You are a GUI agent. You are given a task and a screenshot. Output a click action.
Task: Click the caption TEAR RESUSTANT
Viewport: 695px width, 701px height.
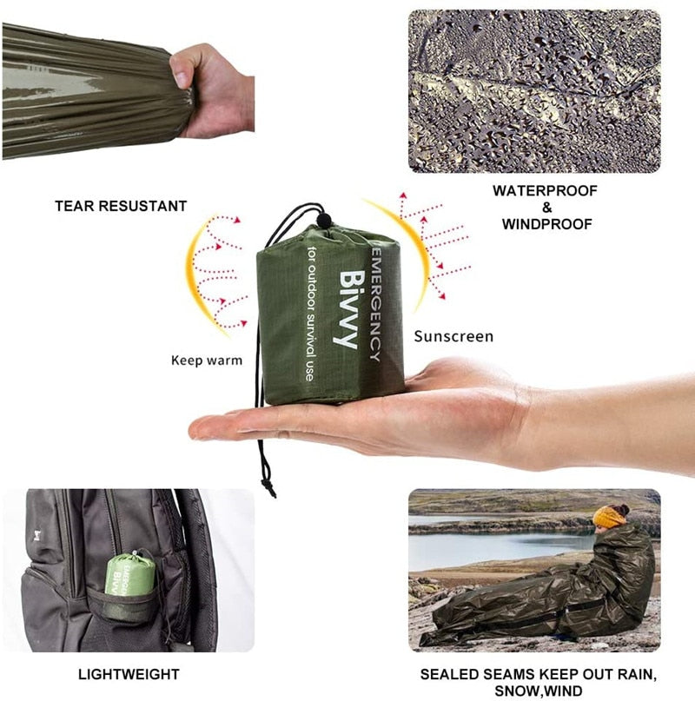click(x=121, y=206)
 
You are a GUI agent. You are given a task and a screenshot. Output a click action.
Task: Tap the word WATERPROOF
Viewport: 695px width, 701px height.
click(x=546, y=190)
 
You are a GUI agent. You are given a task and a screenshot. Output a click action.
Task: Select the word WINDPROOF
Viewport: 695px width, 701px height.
click(x=546, y=224)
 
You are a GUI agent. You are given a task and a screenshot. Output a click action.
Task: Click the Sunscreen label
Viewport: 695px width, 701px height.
click(x=453, y=336)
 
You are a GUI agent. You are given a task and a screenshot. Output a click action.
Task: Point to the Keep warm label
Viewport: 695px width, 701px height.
click(x=207, y=360)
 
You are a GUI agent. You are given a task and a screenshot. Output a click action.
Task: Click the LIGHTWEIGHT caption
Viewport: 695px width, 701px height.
click(x=129, y=674)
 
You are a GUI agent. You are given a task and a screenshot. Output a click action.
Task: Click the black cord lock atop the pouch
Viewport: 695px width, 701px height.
click(x=323, y=221)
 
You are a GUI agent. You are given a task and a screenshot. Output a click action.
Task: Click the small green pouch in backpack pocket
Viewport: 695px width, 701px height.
click(x=129, y=576)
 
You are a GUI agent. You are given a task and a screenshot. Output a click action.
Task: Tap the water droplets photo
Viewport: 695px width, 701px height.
click(x=534, y=91)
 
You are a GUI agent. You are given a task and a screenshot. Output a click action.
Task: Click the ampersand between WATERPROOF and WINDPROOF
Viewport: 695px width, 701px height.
click(x=546, y=208)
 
